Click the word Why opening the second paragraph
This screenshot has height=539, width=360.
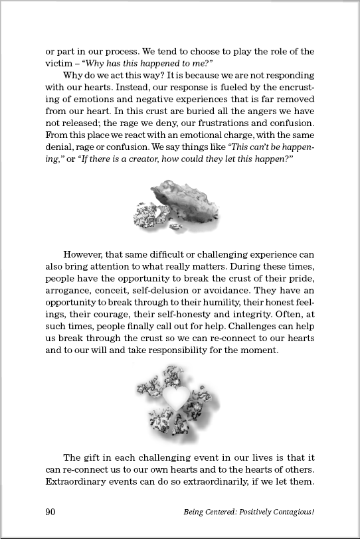(x=72, y=75)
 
